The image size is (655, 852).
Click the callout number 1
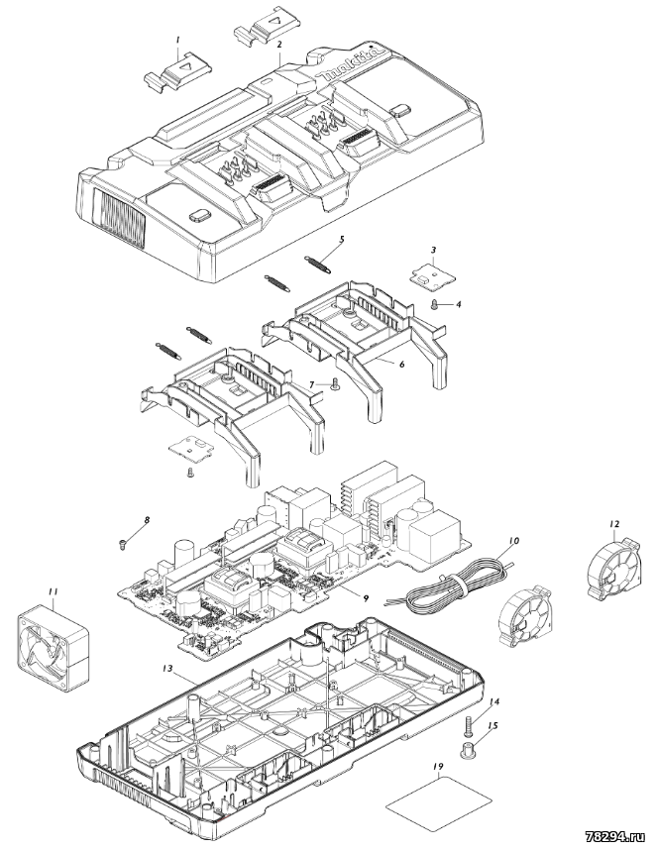(177, 40)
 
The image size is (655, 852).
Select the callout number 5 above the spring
(341, 239)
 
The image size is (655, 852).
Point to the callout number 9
(366, 598)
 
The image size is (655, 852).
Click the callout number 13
(168, 669)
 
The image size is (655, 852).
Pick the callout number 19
(438, 766)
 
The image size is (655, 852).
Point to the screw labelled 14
(470, 725)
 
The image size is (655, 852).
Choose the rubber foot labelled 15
(468, 753)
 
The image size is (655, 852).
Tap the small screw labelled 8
(122, 543)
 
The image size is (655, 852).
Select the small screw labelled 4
(434, 306)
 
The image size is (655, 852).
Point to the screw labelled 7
(334, 385)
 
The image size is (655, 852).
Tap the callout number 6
(401, 364)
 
